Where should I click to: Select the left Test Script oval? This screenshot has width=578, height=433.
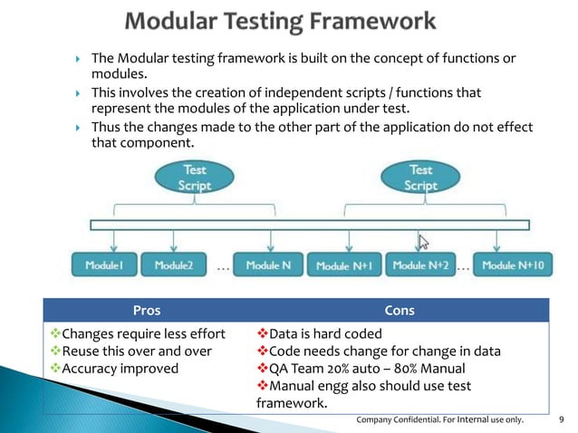[195, 178]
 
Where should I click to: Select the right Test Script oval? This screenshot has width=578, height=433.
[420, 178]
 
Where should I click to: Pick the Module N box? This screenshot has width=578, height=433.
[268, 265]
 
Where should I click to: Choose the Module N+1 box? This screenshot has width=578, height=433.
[345, 266]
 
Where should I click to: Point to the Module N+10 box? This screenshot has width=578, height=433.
[513, 265]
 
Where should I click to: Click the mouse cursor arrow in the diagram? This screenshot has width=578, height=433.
[422, 242]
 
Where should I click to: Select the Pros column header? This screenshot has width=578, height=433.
[147, 311]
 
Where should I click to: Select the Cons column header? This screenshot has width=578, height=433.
[400, 311]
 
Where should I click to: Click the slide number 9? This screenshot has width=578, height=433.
[563, 419]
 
